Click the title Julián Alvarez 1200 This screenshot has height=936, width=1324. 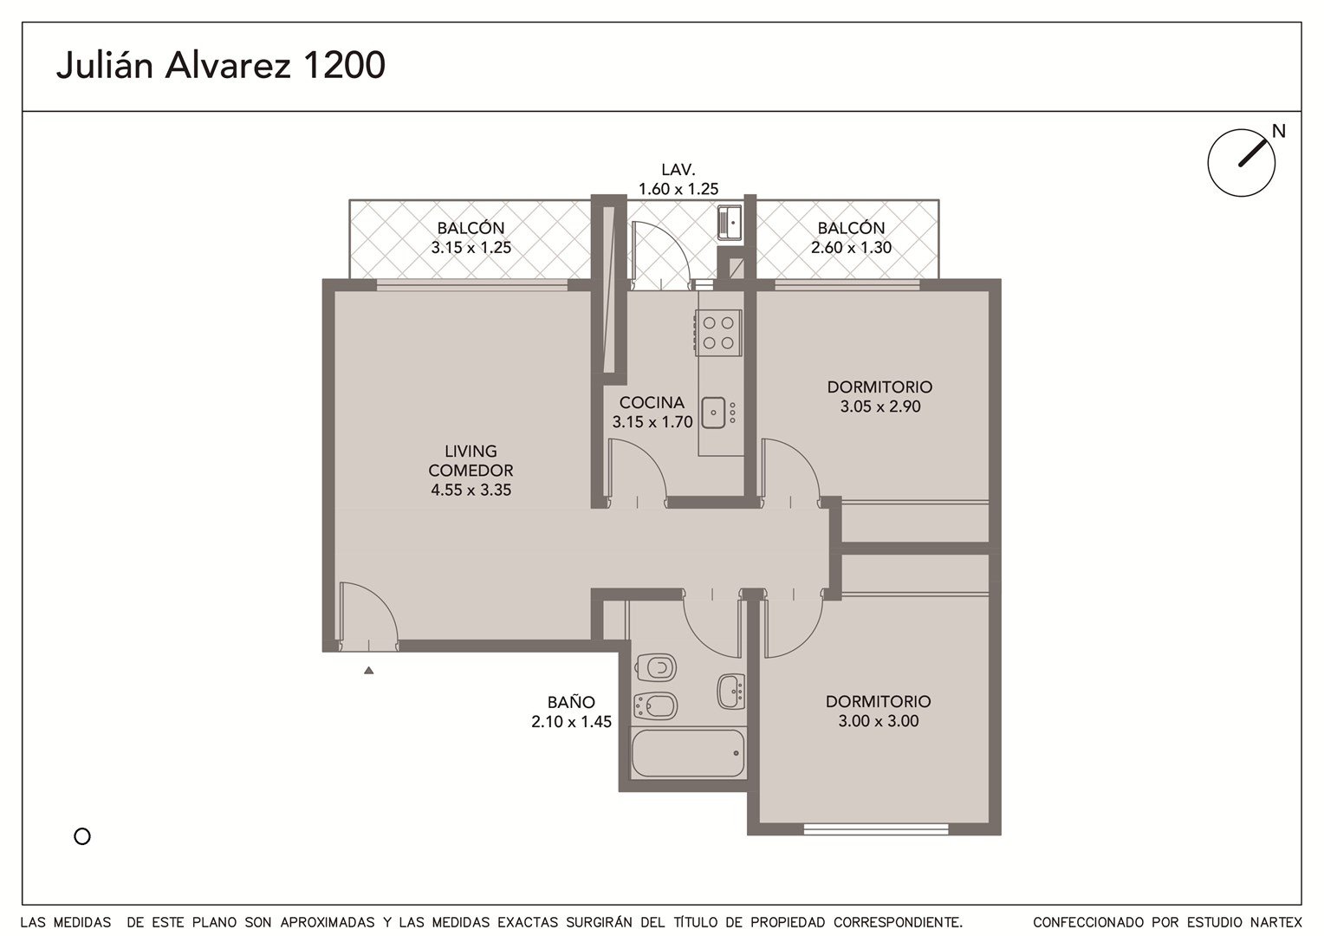220,66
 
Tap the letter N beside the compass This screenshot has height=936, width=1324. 1278,131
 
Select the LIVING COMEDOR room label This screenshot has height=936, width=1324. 471,460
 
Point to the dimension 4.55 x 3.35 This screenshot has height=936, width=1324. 471,490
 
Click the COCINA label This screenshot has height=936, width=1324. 652,402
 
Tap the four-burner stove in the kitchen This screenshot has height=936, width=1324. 718,333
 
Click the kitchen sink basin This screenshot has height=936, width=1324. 713,413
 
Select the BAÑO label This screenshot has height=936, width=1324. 571,702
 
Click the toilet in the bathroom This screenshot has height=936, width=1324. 655,668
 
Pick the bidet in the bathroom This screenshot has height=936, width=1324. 655,705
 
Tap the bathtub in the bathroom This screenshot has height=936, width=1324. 688,753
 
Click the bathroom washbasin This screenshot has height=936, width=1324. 731,692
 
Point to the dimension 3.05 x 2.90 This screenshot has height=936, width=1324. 880,406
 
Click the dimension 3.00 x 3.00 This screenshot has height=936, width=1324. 879,721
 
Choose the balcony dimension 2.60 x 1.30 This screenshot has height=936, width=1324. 851,247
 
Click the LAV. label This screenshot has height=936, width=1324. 678,170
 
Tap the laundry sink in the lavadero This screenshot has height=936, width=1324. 730,223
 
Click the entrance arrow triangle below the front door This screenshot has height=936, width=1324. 369,671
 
